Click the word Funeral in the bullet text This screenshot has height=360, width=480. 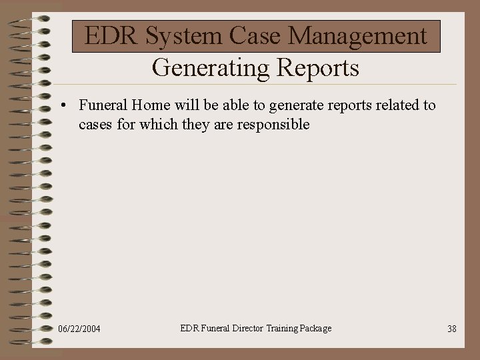tap(103, 105)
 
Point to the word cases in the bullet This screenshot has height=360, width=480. tap(95, 125)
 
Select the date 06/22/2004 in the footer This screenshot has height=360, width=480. tap(79, 329)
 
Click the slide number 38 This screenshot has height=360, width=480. tap(451, 329)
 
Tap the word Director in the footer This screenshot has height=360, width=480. tap(247, 328)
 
